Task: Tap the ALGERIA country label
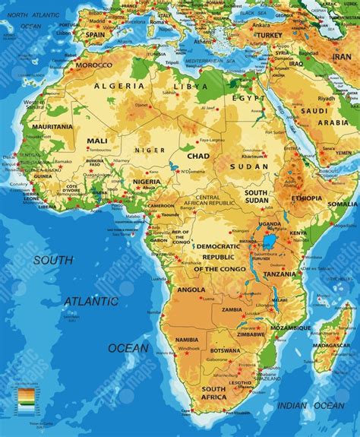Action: tap(118, 87)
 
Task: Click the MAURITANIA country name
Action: tap(51, 127)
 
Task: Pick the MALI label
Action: tap(97, 141)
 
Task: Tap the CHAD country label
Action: tap(198, 156)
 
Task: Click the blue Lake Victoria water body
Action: tap(269, 242)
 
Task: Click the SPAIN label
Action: tap(95, 35)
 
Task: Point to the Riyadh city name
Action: tap(326, 99)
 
